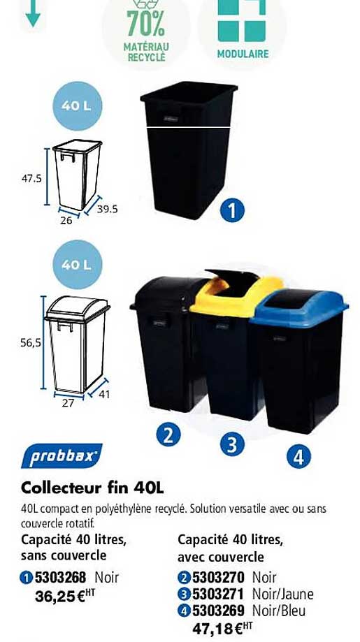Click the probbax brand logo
coord(61,456)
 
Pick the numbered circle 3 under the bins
coord(232,444)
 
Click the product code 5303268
coord(60,578)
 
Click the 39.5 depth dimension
coord(108,208)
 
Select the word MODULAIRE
coord(243,54)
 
